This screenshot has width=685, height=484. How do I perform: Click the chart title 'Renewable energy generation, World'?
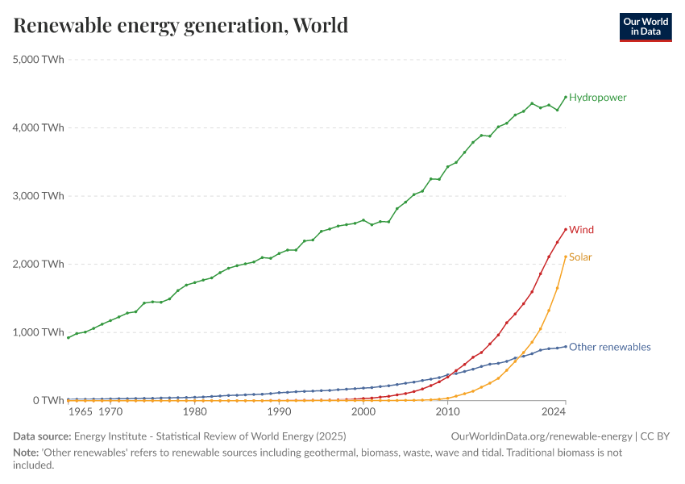tap(181, 26)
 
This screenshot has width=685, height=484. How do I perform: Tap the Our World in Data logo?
tap(645, 27)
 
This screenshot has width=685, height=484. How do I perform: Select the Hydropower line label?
tap(597, 98)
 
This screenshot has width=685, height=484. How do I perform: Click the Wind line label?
tap(581, 230)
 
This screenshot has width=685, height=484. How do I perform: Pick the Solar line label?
tap(580, 257)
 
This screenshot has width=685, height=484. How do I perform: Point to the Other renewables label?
tap(609, 348)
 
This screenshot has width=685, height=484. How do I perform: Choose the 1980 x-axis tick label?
tap(194, 411)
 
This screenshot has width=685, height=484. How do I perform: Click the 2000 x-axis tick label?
tap(363, 411)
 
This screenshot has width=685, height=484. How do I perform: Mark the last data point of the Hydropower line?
tap(566, 97)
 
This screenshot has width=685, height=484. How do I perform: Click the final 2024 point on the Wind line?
tap(566, 228)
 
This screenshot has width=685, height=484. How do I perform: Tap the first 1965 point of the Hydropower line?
tap(68, 337)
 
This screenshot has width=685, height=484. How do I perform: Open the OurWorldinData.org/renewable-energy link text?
tap(542, 436)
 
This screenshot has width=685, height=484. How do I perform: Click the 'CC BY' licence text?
tap(656, 436)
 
